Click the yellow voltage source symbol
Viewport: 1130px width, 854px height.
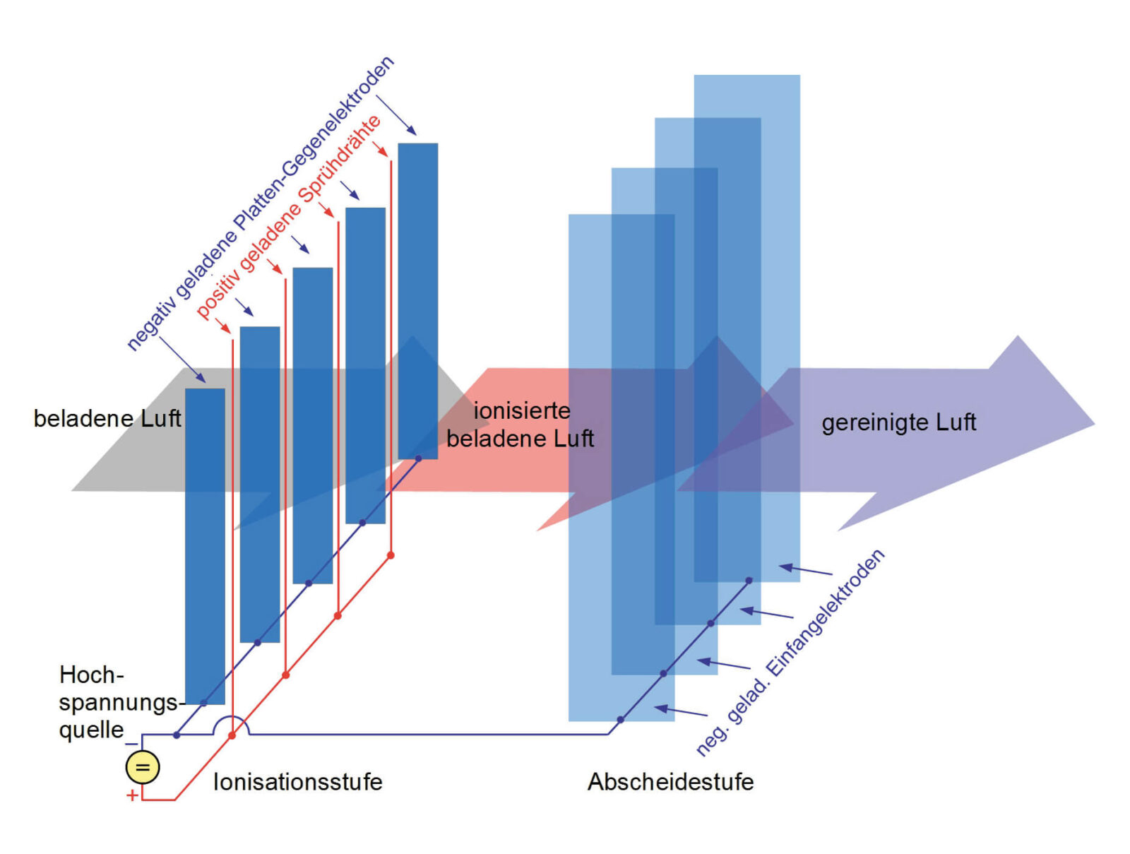142,768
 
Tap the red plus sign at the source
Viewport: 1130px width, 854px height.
132,795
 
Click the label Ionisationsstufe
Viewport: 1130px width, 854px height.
297,782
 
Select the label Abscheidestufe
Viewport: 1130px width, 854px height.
670,782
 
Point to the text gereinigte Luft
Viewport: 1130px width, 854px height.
898,422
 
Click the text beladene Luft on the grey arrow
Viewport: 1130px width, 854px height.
107,418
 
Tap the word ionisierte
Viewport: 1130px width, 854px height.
521,411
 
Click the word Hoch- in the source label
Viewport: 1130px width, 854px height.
92,675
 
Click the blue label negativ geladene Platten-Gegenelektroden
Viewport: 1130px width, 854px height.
260,203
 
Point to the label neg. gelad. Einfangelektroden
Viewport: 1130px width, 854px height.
790,652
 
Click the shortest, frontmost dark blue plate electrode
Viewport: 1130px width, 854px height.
205,546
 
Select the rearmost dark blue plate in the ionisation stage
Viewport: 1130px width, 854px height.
417,301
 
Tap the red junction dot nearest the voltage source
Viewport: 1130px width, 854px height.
232,735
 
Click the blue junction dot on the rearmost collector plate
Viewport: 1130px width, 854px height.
749,581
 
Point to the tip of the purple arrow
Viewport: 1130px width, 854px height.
1095,425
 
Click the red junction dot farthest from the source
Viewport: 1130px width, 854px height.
391,555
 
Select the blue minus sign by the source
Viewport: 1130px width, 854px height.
131,744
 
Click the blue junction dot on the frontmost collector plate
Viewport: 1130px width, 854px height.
620,720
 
